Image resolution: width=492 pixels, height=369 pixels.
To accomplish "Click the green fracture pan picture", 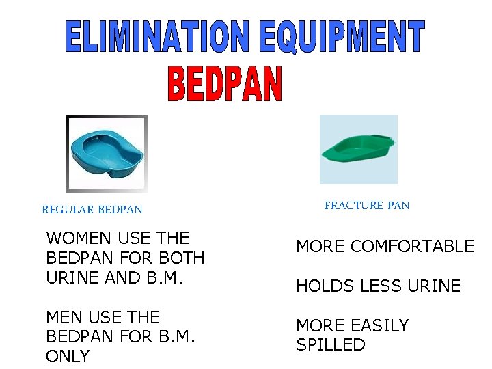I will [x=359, y=148].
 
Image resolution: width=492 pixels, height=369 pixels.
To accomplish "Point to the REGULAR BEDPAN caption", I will [x=92, y=210].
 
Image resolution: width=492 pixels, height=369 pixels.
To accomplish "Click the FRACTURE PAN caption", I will [x=367, y=205].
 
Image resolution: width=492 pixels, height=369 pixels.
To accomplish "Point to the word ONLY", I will [x=68, y=357].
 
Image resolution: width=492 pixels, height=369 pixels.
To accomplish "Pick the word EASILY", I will [x=379, y=326].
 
